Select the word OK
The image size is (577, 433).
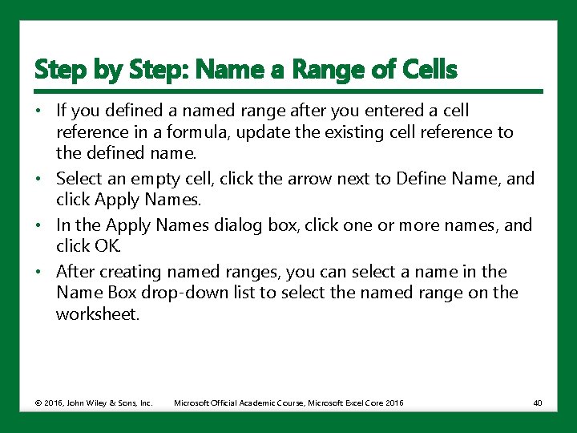[x=110, y=245]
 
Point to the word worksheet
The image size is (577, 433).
[x=98, y=314]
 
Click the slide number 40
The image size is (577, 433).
[x=537, y=402]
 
